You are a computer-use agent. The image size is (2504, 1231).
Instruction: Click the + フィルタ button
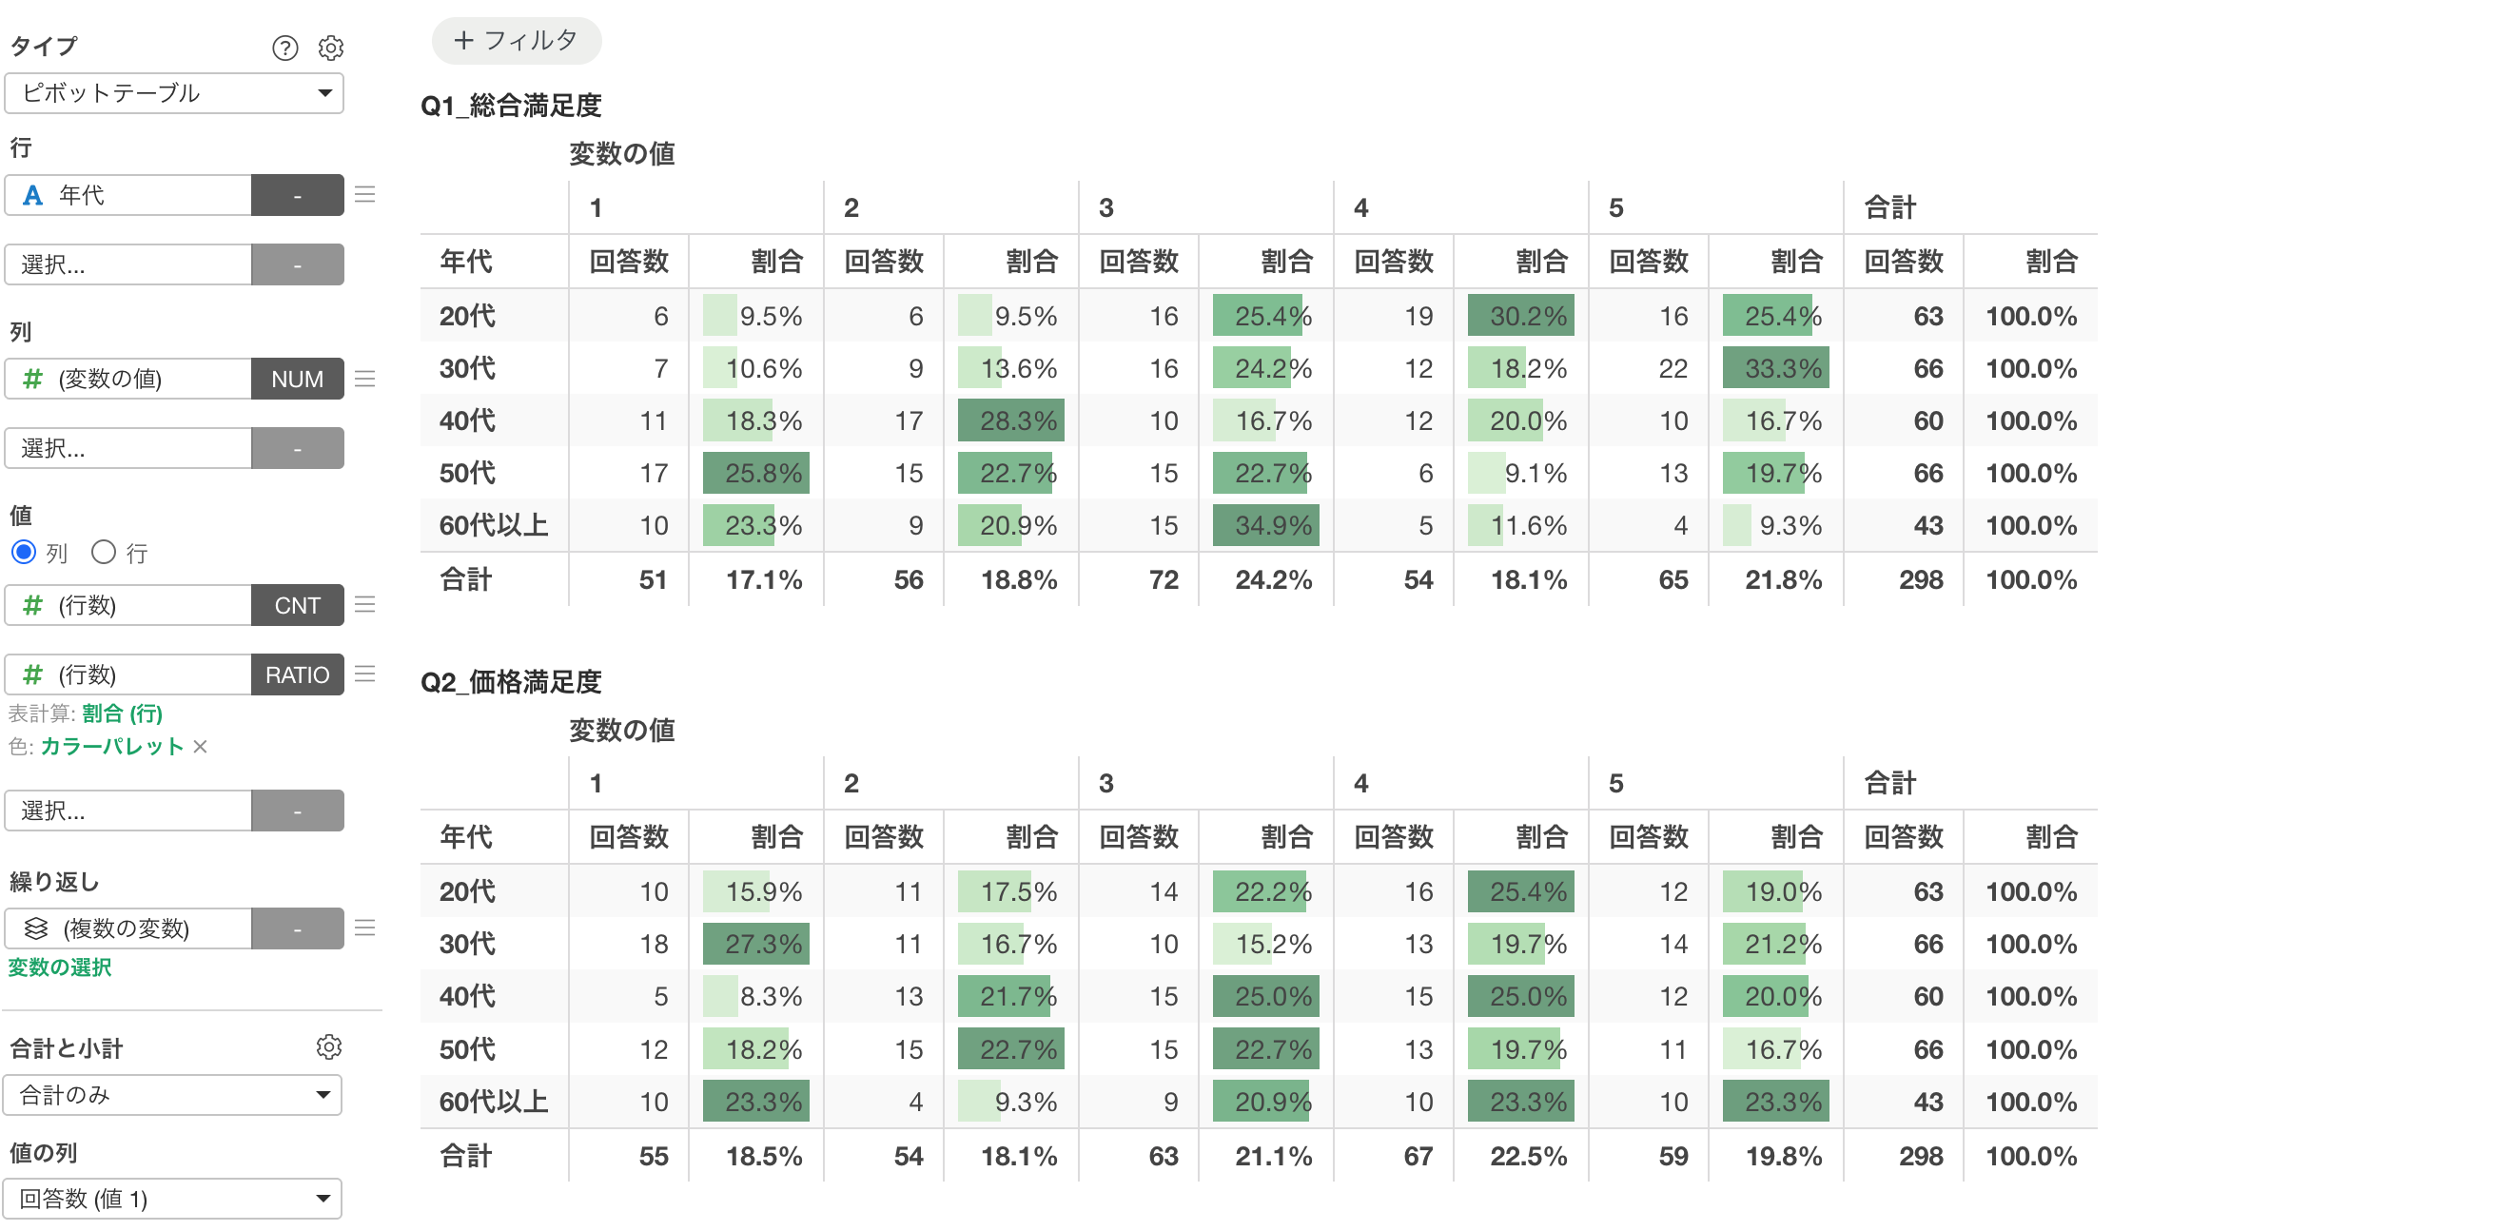(517, 41)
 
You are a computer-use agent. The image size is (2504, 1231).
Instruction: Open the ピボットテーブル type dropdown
(174, 93)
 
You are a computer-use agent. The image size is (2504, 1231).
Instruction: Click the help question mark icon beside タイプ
(284, 48)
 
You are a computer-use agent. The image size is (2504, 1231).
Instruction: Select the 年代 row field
(128, 195)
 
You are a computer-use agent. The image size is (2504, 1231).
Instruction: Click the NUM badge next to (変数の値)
(298, 380)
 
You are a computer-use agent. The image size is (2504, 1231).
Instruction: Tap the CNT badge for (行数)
(298, 606)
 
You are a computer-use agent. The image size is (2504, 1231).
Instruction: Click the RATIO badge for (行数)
(298, 674)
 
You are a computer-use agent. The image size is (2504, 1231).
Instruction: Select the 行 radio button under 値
(104, 553)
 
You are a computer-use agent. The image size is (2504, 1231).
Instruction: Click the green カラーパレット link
(112, 747)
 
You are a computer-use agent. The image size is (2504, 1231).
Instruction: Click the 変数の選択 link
(60, 967)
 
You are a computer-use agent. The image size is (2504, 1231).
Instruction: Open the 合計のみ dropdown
(173, 1095)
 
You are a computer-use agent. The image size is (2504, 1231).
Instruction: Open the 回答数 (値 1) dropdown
(173, 1199)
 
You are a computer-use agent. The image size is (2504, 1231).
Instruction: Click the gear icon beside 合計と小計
(329, 1047)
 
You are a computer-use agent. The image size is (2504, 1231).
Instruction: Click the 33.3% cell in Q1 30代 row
(1776, 368)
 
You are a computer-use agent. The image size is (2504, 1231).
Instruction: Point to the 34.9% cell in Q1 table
(1265, 526)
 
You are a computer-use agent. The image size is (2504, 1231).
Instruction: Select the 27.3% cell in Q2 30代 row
(756, 944)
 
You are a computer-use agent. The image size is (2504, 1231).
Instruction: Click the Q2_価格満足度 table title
(511, 682)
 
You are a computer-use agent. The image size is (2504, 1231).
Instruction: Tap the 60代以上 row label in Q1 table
(494, 526)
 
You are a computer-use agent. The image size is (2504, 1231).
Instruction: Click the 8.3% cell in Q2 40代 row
(756, 997)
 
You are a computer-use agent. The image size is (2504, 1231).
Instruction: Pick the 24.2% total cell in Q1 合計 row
(1273, 580)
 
